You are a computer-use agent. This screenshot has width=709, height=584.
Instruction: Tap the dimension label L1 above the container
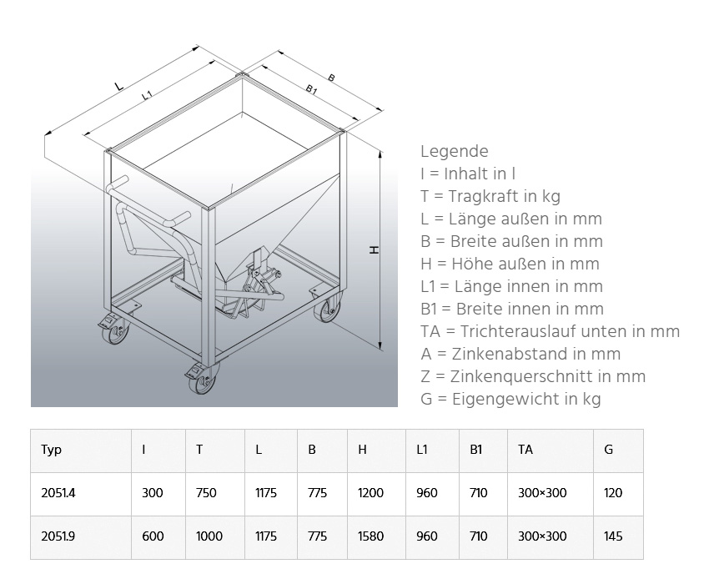pos(147,96)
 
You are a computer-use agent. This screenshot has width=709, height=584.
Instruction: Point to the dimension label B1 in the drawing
pos(311,89)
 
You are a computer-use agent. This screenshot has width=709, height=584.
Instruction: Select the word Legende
pos(454,151)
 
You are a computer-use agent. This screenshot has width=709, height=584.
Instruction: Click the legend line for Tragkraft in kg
pos(490,196)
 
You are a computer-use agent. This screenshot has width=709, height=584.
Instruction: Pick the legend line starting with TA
pos(550,331)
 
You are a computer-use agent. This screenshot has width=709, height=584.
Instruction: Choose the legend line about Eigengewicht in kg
pos(510,399)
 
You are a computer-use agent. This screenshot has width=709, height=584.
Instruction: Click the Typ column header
pos(52,450)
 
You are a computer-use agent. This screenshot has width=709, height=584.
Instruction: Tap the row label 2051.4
pos(58,493)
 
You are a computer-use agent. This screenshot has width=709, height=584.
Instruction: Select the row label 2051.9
pos(58,536)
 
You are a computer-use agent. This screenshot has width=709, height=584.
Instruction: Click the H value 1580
pos(370,536)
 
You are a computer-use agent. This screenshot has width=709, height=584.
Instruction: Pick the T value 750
pos(206,493)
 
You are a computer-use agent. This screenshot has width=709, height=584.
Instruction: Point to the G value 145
pos(612,536)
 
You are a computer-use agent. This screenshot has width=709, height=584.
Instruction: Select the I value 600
pos(153,536)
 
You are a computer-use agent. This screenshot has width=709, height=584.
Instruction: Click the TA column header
pos(525,450)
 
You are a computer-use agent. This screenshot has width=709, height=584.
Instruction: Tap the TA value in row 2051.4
pos(542,493)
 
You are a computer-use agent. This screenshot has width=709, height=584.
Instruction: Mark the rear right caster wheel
pos(324,310)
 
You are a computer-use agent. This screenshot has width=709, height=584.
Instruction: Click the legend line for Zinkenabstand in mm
pos(520,354)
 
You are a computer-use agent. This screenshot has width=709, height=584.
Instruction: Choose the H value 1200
pos(370,493)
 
